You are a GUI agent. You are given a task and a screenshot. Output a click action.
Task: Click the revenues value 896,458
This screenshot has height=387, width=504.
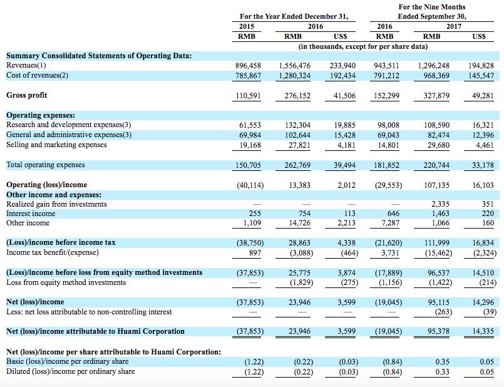248,66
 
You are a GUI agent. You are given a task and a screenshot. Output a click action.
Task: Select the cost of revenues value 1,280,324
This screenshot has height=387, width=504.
295,76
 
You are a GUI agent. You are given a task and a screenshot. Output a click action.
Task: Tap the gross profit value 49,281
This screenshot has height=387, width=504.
481,95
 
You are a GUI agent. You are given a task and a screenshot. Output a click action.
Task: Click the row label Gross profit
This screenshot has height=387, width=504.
27,95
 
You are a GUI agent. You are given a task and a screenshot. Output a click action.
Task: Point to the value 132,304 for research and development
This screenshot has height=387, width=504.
297,125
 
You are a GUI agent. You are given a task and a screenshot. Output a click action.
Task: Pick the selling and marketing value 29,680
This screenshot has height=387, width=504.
438,145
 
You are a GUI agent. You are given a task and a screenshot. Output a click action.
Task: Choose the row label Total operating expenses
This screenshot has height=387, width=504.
46,165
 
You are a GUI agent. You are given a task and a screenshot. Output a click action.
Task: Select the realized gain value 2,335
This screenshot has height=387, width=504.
440,204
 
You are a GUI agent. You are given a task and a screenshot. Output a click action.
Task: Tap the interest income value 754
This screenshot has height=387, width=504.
304,214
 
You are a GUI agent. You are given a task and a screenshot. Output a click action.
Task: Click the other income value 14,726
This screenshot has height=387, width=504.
299,223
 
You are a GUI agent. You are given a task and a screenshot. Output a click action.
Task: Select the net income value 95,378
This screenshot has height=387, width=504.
438,331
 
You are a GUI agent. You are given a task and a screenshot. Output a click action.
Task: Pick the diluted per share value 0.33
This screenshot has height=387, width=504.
442,371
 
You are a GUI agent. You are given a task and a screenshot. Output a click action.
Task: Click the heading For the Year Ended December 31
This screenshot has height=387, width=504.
294,16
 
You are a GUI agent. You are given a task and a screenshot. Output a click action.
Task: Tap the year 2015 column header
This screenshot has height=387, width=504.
247,26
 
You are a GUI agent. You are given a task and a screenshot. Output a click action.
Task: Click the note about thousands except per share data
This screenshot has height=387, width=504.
363,46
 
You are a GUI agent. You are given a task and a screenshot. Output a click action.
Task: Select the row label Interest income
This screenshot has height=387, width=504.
31,214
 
